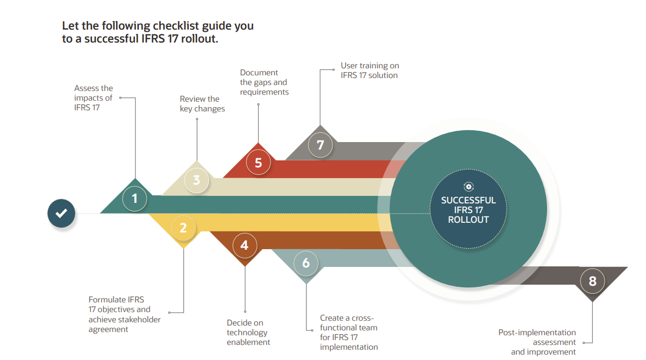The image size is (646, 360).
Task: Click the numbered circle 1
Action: click(134, 199)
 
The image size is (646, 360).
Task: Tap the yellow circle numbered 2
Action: click(183, 228)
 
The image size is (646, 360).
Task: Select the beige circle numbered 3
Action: click(196, 180)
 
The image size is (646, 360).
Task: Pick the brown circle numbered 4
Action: click(245, 245)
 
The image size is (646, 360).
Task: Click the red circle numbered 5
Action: click(258, 163)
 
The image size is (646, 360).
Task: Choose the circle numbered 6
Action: click(306, 263)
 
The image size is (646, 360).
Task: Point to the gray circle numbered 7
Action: click(321, 145)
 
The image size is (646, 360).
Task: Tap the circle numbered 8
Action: click(592, 281)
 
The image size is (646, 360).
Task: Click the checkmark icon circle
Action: click(61, 213)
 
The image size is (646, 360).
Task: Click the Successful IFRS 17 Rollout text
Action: click(468, 210)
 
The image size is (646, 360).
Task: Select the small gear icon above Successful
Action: click(468, 186)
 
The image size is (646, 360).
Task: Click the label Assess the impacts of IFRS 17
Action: click(94, 97)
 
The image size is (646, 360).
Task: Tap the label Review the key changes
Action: click(202, 104)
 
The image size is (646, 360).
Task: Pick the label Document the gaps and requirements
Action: click(264, 82)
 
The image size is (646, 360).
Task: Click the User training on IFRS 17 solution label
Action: click(370, 70)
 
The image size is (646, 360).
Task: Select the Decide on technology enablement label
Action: click(248, 333)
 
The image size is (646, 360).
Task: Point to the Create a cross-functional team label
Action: click(349, 332)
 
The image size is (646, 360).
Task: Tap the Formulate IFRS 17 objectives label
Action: click(124, 314)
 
